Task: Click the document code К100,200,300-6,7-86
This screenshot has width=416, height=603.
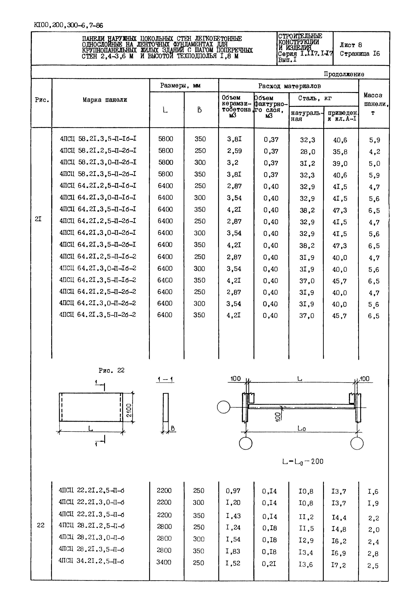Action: tap(68, 25)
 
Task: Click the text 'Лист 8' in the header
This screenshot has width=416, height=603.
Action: tap(351, 45)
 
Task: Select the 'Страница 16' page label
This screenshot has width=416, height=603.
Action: tap(360, 54)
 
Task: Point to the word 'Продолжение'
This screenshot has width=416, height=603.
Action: tap(344, 74)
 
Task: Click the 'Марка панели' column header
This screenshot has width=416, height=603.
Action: tap(105, 100)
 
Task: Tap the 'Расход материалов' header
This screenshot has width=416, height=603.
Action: tap(289, 86)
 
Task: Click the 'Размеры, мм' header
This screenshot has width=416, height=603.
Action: tap(180, 86)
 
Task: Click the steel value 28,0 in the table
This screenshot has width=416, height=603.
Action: tap(307, 152)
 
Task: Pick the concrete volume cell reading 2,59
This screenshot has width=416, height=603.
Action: tap(234, 151)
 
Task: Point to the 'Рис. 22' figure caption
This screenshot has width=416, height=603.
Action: tap(112, 370)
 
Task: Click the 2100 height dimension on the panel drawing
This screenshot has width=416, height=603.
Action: tap(129, 410)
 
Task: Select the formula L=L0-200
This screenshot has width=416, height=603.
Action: tap(303, 461)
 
